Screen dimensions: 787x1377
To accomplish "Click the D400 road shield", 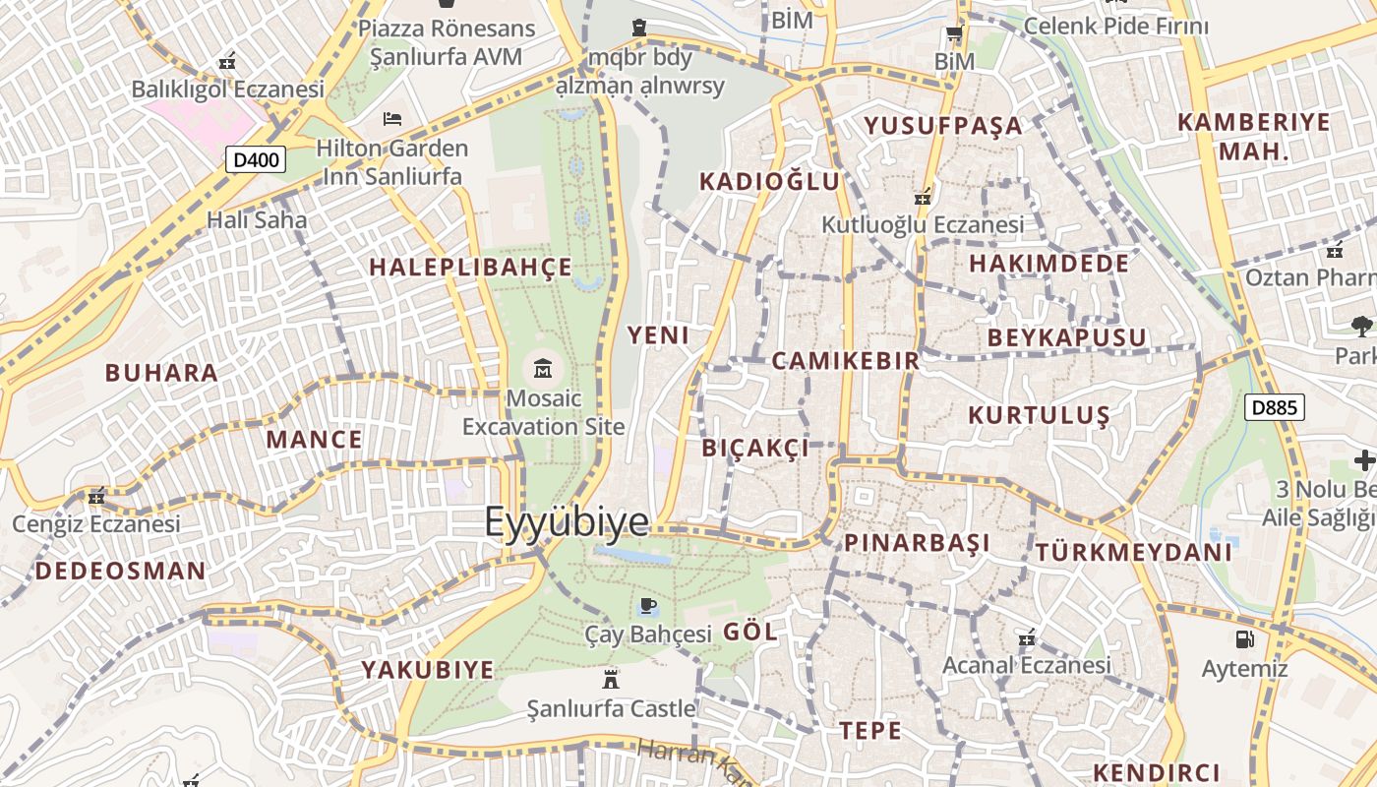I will pyautogui.click(x=256, y=159).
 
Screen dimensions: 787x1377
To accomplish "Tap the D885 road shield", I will pyautogui.click(x=1275, y=407).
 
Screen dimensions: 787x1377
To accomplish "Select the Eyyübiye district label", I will pyautogui.click(x=567, y=522).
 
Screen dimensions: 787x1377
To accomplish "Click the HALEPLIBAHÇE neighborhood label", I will pyautogui.click(x=470, y=267).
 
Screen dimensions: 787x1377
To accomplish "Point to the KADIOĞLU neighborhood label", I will pyautogui.click(x=770, y=181).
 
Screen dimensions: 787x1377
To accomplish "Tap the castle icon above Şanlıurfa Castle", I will pyautogui.click(x=611, y=679).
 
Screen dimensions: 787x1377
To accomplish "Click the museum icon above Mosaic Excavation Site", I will pyautogui.click(x=542, y=369).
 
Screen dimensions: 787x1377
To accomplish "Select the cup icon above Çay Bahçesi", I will pyautogui.click(x=647, y=605).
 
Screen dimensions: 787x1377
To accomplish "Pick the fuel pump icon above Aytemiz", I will pyautogui.click(x=1244, y=639).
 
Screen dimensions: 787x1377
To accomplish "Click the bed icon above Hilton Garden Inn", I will pyautogui.click(x=392, y=119).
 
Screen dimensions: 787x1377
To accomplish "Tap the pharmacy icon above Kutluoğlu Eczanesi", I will pyautogui.click(x=923, y=197).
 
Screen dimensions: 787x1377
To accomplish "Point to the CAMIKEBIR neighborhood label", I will pyautogui.click(x=846, y=360).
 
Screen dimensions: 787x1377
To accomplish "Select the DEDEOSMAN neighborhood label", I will pyautogui.click(x=121, y=571).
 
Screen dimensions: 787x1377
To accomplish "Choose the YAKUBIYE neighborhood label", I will pyautogui.click(x=427, y=670).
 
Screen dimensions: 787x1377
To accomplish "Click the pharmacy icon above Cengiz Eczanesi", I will pyautogui.click(x=95, y=496).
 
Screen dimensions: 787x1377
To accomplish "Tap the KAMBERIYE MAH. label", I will pyautogui.click(x=1254, y=137).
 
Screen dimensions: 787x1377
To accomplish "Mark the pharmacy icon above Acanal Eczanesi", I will pyautogui.click(x=1027, y=638).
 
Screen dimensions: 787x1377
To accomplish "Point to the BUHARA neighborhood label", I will pyautogui.click(x=161, y=373).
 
